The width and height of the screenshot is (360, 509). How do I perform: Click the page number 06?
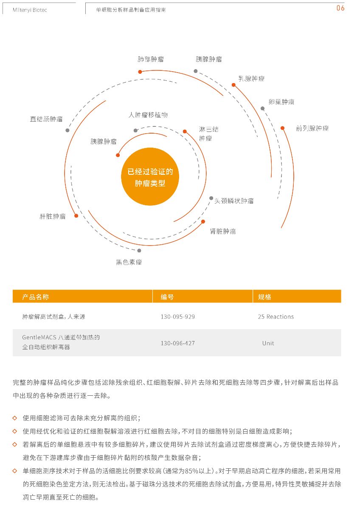(340, 8)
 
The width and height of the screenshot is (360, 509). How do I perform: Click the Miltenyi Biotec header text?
(30, 10)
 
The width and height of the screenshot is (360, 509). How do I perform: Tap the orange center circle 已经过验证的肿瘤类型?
(150, 176)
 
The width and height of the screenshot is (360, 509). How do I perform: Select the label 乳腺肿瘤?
(251, 78)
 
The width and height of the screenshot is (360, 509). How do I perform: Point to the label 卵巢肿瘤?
(281, 102)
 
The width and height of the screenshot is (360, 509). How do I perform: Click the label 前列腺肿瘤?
(312, 129)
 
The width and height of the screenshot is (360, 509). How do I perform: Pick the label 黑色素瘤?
(129, 262)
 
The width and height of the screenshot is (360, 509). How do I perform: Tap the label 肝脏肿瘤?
(53, 216)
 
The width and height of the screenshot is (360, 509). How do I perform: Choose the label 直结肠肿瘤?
(46, 119)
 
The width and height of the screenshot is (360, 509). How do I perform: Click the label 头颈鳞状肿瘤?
(234, 201)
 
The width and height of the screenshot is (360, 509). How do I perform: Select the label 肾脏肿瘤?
(223, 232)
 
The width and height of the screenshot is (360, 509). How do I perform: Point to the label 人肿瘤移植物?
(148, 115)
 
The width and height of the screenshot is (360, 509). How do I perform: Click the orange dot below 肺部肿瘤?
(140, 72)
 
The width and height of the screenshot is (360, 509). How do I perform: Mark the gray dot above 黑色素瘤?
(139, 250)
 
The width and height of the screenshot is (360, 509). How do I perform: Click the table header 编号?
(167, 297)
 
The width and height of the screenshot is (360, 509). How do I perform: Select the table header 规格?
(264, 297)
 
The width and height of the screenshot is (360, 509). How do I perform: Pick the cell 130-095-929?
(177, 317)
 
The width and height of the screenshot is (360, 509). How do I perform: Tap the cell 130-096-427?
(177, 343)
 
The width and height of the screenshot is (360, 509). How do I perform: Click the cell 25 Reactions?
(276, 317)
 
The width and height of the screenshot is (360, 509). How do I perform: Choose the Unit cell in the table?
(268, 343)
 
